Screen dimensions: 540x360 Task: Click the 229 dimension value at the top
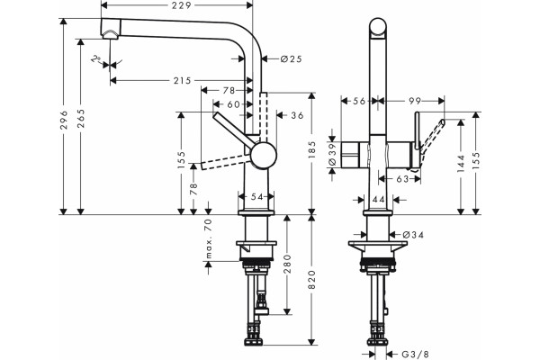click(183, 5)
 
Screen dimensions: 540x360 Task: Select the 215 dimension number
click(182, 81)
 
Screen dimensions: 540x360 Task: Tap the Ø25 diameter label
click(291, 58)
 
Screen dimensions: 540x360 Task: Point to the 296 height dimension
click(63, 120)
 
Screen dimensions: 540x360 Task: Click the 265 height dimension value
click(81, 119)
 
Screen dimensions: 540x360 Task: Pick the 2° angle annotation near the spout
click(95, 58)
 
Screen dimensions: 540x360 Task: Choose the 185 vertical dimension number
click(312, 149)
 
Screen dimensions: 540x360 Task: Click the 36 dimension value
click(298, 115)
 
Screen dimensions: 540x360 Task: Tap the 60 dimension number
click(233, 104)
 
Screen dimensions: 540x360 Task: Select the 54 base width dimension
click(256, 196)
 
